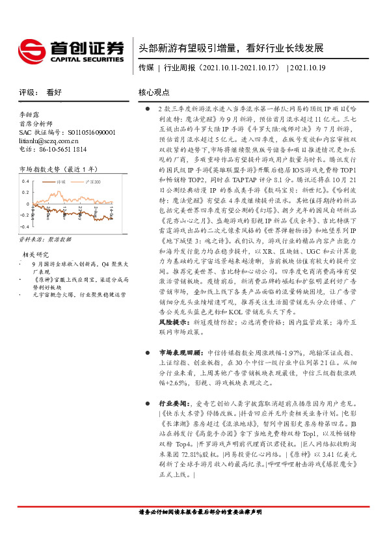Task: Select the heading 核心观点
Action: click(154, 92)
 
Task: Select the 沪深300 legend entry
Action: click(93, 182)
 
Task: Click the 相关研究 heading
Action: click(36, 254)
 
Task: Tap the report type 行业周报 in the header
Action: click(179, 67)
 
